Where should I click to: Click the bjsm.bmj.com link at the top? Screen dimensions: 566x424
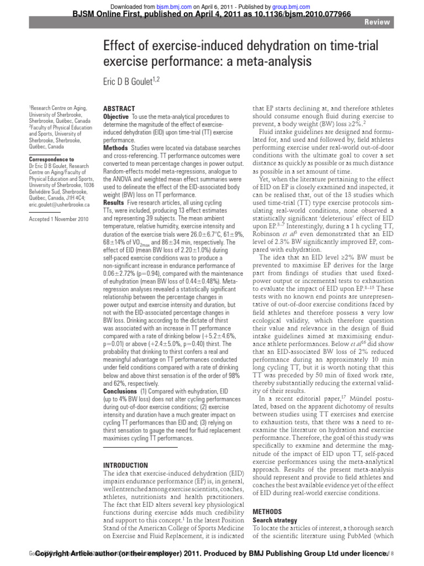166,4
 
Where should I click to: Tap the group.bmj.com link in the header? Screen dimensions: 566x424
294,4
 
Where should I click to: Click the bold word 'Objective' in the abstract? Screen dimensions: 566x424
116,117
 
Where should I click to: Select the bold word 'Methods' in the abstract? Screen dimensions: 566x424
115,149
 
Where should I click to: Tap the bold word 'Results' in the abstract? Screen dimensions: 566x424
114,203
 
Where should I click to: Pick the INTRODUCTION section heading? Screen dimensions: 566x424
126,465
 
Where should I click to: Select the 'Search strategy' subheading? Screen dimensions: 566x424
274,521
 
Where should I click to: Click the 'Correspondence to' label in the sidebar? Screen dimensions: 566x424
51,159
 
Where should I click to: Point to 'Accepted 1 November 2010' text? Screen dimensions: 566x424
59,219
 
